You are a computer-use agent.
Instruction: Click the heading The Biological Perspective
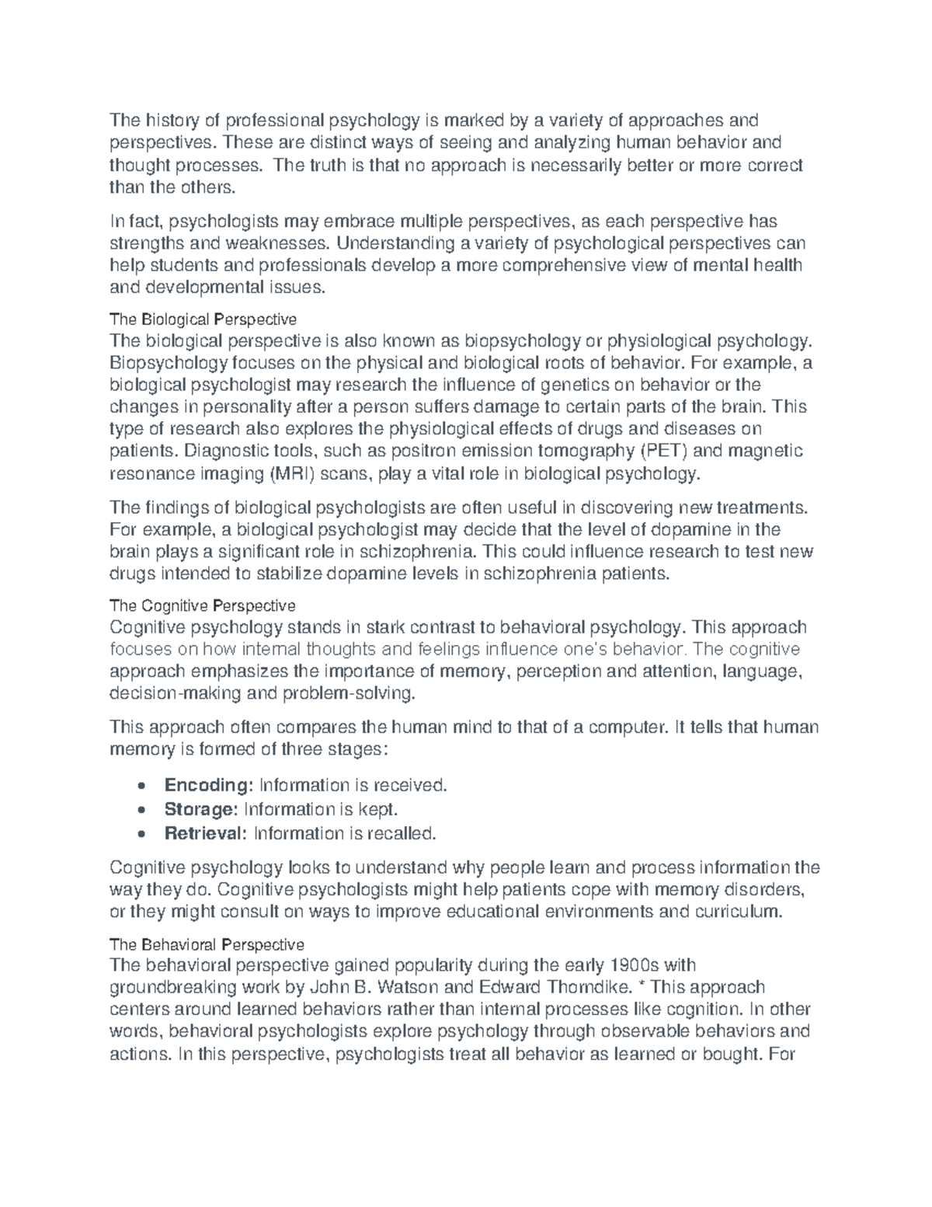coord(203,319)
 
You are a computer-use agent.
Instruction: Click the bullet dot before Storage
coord(139,810)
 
